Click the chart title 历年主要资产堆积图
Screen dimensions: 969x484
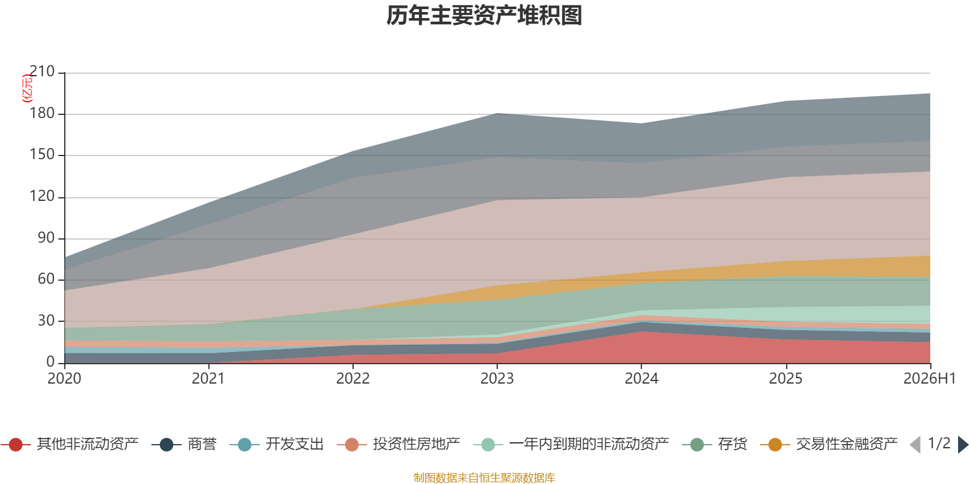[484, 16]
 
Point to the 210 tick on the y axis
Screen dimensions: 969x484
[42, 71]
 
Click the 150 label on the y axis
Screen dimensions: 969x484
[42, 155]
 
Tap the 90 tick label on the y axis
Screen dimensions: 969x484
[46, 238]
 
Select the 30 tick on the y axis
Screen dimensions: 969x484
[46, 321]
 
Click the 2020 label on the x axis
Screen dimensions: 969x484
[64, 379]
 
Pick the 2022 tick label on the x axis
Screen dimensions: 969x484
[353, 379]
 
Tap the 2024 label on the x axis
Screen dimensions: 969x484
[641, 379]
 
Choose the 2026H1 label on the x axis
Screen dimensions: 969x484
[930, 379]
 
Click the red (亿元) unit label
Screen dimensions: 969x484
[27, 88]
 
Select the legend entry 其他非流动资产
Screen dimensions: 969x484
[70, 444]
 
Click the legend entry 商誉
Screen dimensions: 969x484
[184, 444]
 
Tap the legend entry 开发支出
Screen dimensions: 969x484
[277, 444]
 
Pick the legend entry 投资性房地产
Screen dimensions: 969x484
[399, 444]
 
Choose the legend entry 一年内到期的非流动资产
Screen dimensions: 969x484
[571, 444]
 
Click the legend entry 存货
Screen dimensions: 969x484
[715, 444]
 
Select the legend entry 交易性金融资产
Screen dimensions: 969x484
[829, 444]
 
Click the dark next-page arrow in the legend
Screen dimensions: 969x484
[962, 444]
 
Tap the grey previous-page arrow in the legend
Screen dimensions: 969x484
[915, 444]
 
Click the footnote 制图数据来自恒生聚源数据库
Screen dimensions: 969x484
[484, 477]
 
